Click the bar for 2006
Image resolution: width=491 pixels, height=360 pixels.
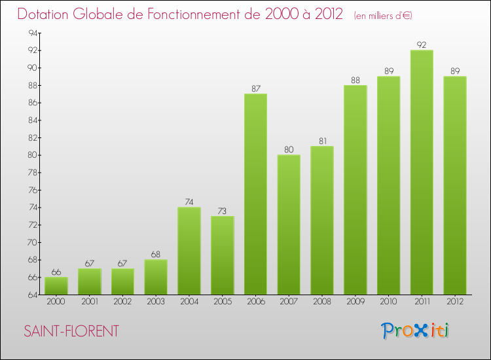[255, 194]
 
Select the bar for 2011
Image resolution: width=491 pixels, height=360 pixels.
[422, 172]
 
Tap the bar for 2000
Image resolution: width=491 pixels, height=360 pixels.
[56, 286]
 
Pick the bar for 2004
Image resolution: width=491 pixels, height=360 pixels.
[189, 251]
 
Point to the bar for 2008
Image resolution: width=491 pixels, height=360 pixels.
[322, 221]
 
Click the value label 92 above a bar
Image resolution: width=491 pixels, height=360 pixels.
[422, 45]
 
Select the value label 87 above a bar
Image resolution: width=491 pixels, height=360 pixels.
[255, 88]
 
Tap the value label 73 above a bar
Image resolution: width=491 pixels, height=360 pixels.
[223, 211]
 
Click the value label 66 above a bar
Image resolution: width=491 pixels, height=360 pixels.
[56, 272]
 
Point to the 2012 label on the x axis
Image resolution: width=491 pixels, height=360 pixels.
[455, 301]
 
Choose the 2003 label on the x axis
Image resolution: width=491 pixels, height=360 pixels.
[156, 301]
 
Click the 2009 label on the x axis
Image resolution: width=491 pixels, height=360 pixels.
[355, 301]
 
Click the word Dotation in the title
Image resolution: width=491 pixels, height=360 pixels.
[46, 14]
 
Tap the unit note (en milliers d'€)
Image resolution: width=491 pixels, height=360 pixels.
[383, 15]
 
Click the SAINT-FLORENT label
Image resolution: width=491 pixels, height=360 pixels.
[71, 331]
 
